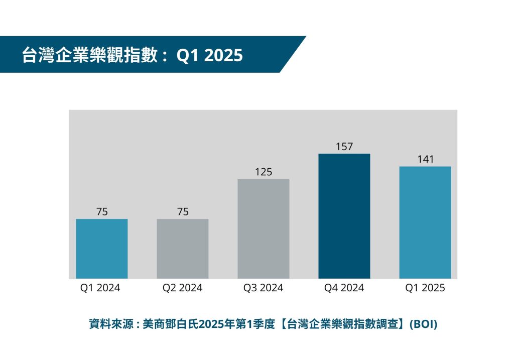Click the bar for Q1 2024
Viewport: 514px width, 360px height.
101,249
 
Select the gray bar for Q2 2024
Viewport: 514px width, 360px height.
183,249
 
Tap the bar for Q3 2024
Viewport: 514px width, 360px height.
264,228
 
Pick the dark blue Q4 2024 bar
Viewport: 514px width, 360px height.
344,216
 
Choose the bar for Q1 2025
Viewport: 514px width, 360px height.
425,222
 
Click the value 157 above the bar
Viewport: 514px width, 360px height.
344,147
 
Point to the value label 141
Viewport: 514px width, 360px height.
425,160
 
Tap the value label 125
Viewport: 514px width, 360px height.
264,172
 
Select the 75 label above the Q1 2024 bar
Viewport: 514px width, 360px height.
102,212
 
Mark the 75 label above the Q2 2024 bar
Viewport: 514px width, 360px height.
183,212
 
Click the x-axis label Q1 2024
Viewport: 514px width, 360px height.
100,288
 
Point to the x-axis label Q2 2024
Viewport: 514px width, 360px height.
182,288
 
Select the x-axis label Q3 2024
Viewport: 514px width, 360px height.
263,288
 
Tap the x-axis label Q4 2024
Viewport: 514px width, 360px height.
344,288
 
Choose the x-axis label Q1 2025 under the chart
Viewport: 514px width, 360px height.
425,288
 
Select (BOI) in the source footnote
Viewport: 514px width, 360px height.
424,324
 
